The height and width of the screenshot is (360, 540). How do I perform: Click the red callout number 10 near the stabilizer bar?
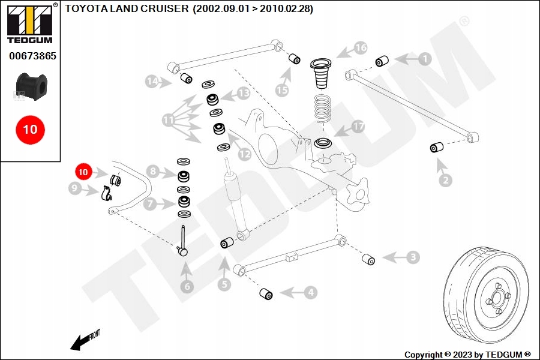83,172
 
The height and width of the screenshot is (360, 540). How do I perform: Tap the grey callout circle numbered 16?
360,47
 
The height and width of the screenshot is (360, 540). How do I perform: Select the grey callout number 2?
445,180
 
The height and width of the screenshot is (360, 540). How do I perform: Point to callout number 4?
310,293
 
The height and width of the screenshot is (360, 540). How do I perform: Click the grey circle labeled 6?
187,287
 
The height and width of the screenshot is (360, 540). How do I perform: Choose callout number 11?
168,121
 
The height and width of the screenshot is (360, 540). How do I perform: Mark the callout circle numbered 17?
358,127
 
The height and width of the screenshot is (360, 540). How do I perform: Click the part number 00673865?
32,57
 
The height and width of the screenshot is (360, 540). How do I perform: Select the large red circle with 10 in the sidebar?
30,129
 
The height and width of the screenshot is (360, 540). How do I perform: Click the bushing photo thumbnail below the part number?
30,85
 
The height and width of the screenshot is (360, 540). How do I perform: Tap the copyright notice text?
468,355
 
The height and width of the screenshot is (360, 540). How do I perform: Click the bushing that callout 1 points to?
382,61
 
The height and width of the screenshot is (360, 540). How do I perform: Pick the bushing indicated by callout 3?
368,259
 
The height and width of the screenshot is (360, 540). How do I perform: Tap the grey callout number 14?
152,81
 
